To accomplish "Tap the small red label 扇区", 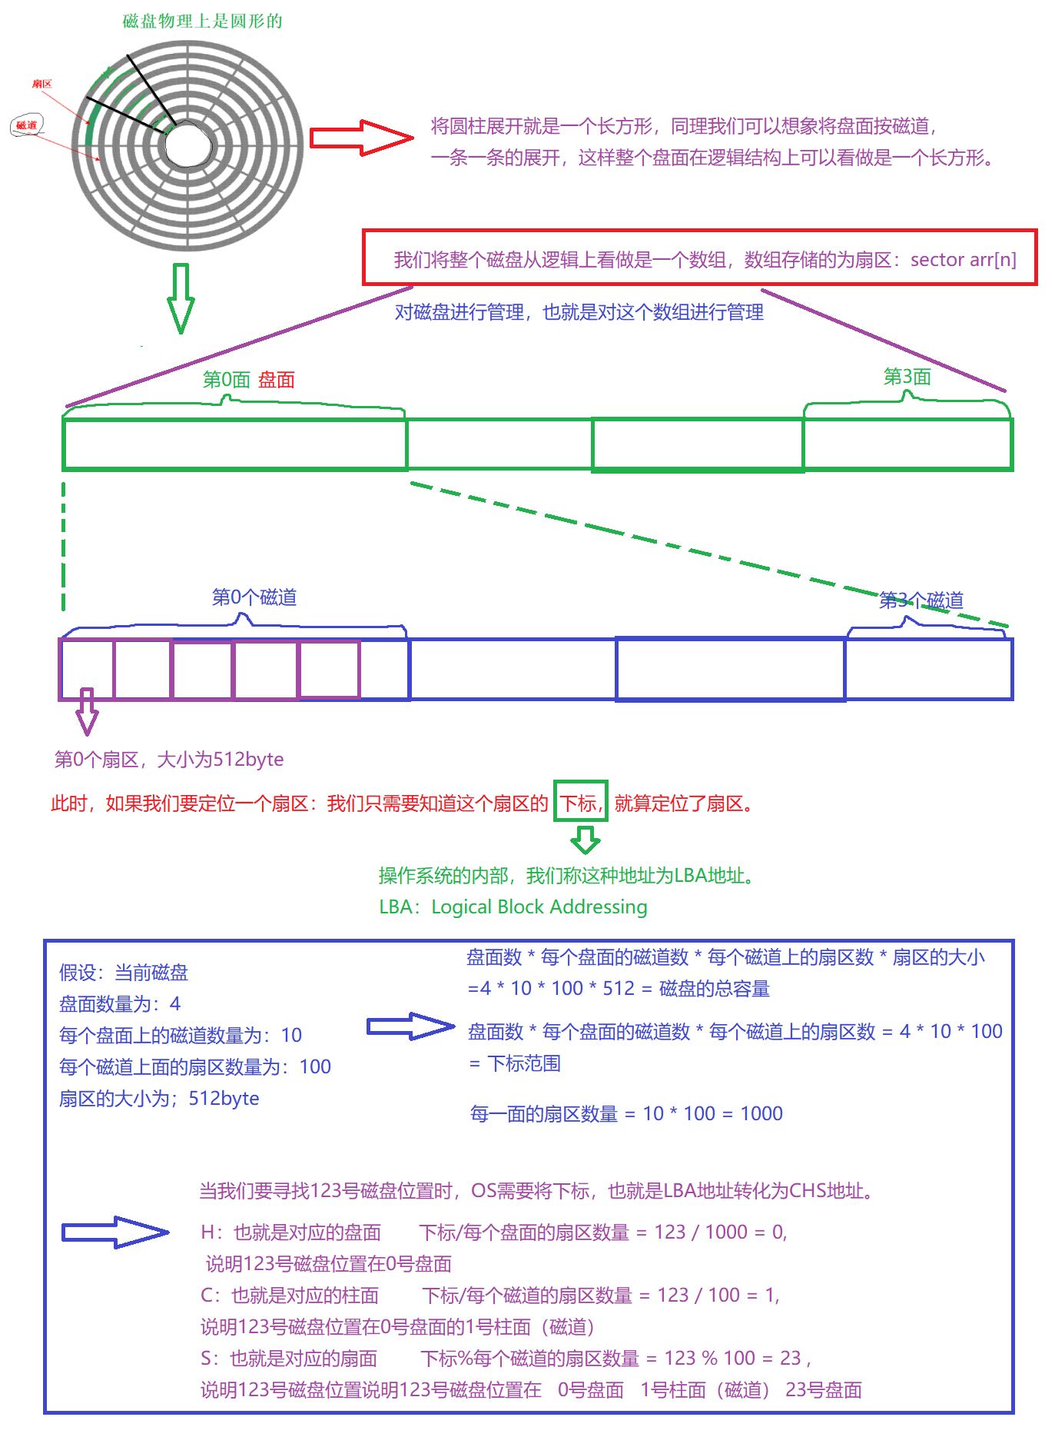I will [x=42, y=84].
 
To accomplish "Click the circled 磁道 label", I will [x=27, y=125].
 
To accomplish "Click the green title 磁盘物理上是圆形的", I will [x=203, y=22].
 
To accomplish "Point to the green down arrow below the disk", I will [x=181, y=298].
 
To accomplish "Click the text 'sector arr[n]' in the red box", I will [x=963, y=260].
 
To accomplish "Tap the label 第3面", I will [x=907, y=377].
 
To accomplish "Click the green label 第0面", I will [x=227, y=380].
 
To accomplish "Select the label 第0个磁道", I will [x=254, y=597].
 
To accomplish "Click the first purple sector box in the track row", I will [x=87, y=669].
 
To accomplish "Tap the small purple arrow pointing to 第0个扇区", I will [x=87, y=711].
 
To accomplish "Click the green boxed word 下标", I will [x=579, y=803].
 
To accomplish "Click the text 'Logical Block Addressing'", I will [x=539, y=907].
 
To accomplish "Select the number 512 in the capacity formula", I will [x=619, y=989].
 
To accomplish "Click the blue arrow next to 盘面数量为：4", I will [x=410, y=1026].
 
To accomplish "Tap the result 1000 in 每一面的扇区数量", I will [x=761, y=1114].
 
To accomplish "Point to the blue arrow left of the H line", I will [x=115, y=1232].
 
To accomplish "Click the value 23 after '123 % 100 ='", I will [x=791, y=1359].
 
